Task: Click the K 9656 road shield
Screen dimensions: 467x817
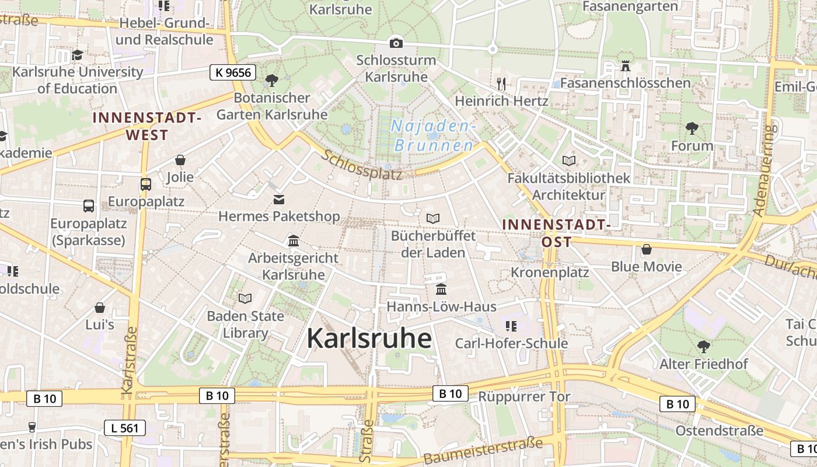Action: point(233,72)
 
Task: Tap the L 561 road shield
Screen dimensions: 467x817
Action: point(124,428)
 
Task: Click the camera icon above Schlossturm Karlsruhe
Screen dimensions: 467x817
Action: point(396,43)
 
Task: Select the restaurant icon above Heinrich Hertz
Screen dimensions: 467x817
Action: point(501,83)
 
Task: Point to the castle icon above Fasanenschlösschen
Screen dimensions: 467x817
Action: point(626,65)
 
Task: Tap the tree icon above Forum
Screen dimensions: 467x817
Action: point(692,128)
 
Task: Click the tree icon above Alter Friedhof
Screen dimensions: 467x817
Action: point(703,346)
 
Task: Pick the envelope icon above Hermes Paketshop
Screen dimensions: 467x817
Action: point(279,199)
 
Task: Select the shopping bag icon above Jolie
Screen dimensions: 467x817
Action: point(180,159)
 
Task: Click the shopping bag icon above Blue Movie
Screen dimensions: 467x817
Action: point(646,249)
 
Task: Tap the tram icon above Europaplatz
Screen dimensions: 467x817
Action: point(146,184)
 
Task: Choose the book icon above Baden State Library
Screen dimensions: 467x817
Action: point(245,298)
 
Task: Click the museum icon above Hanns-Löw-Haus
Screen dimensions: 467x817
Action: point(441,289)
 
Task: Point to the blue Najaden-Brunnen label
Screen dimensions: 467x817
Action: point(434,135)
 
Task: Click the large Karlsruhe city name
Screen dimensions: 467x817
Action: point(369,338)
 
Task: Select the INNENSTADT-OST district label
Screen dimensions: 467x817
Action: point(556,232)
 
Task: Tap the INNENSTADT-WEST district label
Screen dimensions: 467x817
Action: point(146,126)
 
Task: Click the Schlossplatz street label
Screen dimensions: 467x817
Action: point(362,165)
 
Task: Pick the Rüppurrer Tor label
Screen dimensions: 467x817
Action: point(524,397)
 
